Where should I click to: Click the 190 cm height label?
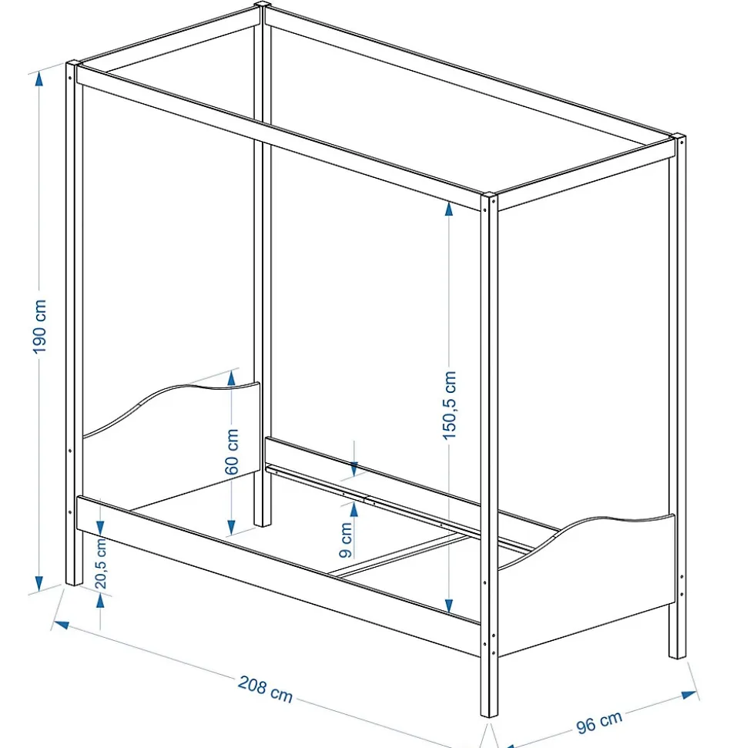(x=39, y=327)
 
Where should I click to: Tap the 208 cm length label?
(x=265, y=689)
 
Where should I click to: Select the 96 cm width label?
(x=599, y=722)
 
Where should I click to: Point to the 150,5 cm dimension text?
(x=449, y=405)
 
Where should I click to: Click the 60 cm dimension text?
(x=232, y=451)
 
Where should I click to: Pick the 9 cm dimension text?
(x=347, y=539)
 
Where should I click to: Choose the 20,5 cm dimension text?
(x=101, y=563)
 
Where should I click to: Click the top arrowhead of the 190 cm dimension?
(x=39, y=79)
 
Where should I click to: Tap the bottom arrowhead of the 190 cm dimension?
(x=39, y=583)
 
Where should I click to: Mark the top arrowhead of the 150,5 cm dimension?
(x=449, y=209)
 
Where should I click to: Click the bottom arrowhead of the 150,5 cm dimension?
(x=449, y=605)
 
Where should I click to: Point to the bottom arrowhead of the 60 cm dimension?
(x=231, y=527)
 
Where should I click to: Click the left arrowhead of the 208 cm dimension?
(x=61, y=625)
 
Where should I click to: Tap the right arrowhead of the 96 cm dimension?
(x=689, y=695)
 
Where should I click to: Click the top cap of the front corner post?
(x=489, y=196)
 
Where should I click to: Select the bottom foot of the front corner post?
(x=489, y=714)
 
